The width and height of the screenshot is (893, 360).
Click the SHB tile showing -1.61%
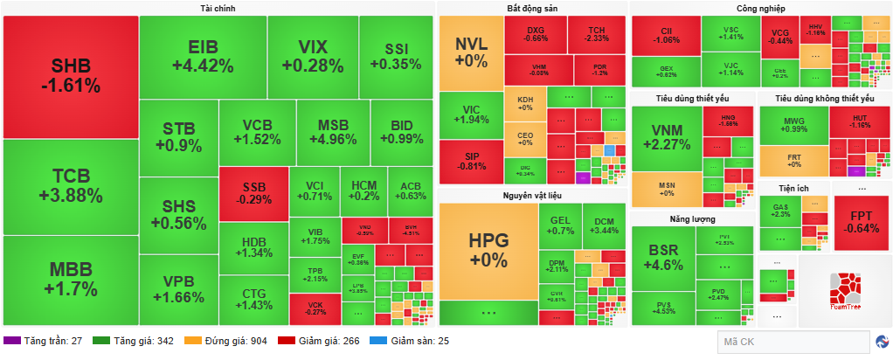(71, 77)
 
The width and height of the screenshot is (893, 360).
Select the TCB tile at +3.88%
(71, 186)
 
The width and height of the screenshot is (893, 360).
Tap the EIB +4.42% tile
(202, 56)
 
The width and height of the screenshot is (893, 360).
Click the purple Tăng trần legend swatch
(11, 341)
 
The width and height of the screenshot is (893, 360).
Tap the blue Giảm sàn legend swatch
(379, 341)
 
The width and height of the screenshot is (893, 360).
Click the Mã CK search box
(791, 342)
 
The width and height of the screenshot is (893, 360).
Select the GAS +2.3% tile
(780, 210)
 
